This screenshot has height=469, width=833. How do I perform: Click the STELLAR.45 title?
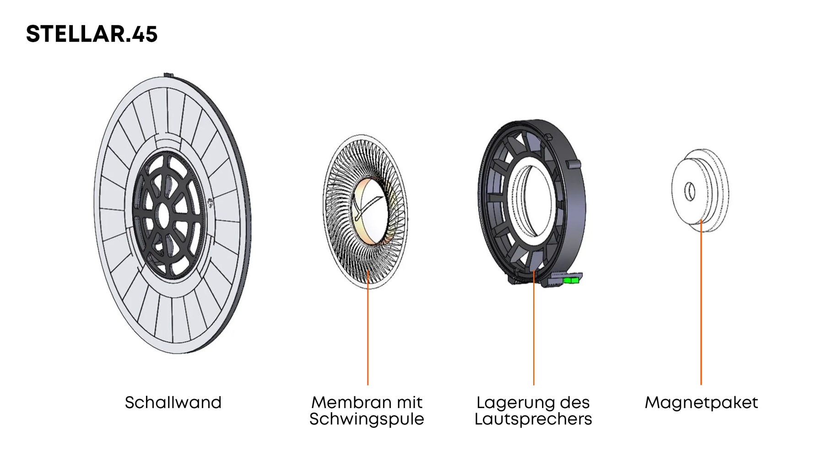[x=92, y=34]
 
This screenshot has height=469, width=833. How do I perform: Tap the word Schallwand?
[x=173, y=403]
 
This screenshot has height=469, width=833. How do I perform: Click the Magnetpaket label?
[x=701, y=403]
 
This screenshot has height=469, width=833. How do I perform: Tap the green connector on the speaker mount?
[x=571, y=279]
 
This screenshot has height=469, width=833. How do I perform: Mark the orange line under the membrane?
[x=368, y=327]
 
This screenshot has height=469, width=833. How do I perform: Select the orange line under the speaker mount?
[x=534, y=327]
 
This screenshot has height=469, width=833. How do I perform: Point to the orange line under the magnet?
[x=701, y=302]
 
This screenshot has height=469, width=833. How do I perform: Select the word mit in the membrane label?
[x=410, y=403]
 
